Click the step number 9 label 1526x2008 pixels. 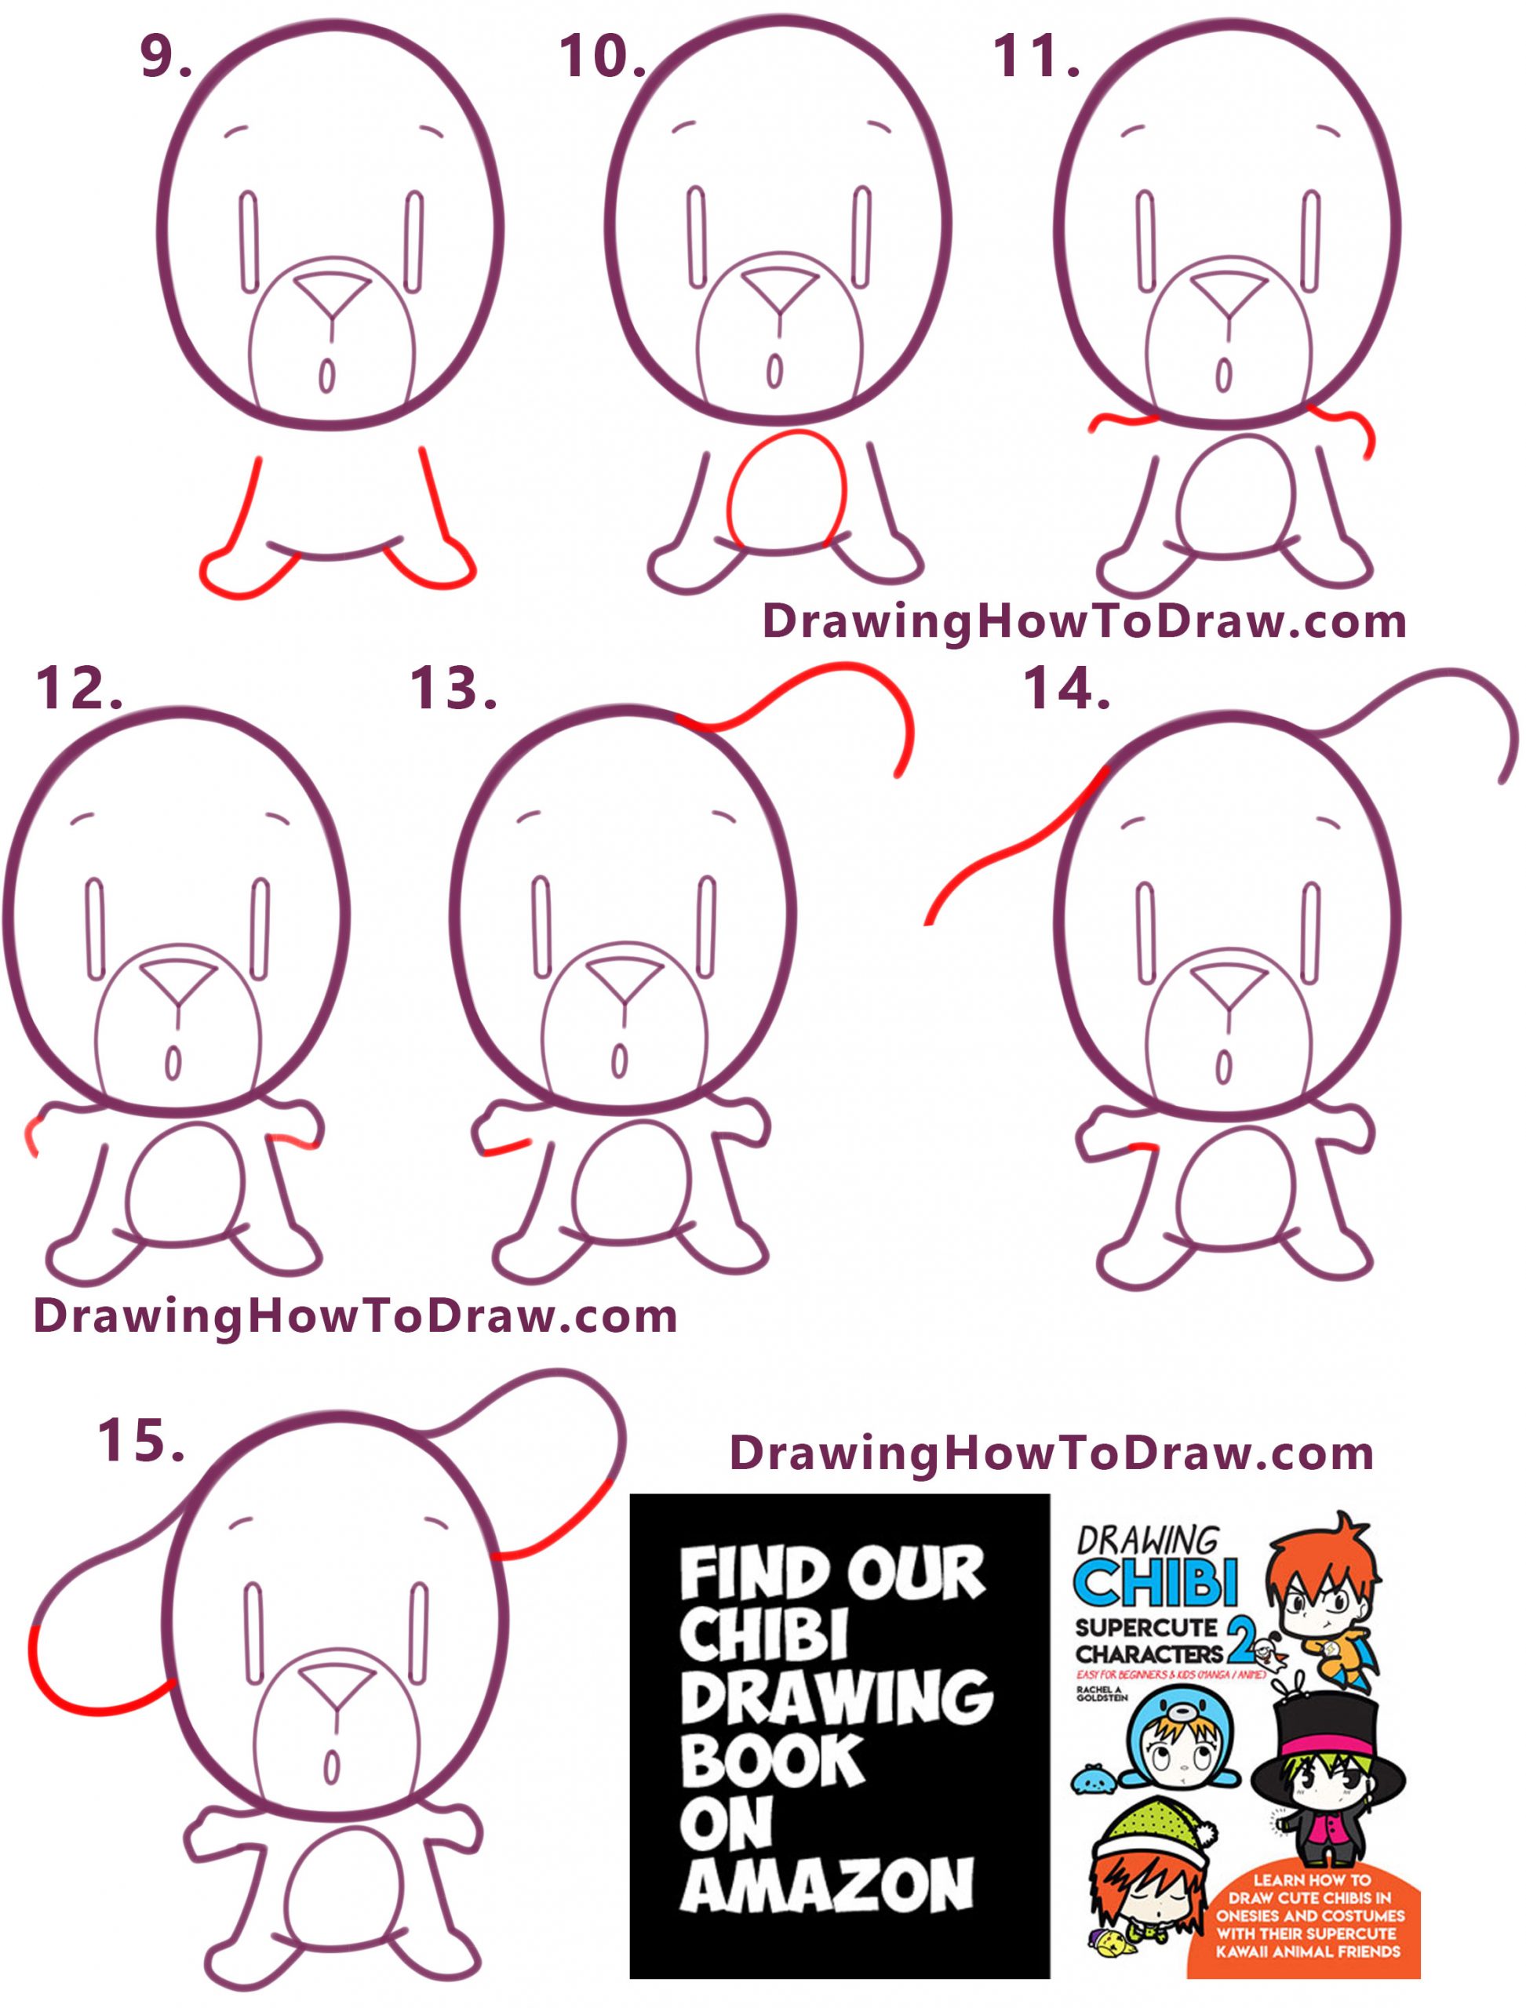163,58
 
